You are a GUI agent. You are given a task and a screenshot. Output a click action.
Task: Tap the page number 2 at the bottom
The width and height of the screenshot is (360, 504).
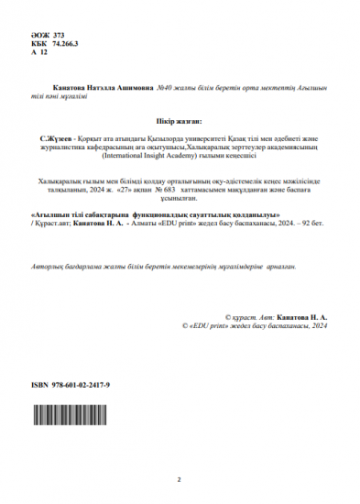pyautogui.click(x=180, y=478)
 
